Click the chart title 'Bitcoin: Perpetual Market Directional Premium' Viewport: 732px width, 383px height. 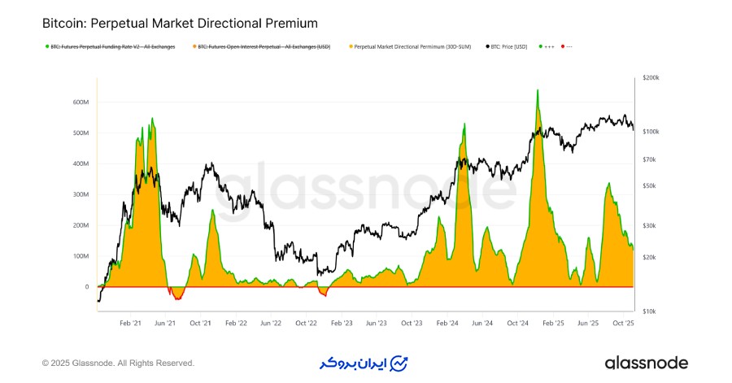[180, 24]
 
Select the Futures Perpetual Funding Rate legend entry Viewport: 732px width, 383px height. [113, 46]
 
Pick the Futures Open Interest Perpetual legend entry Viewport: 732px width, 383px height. [264, 46]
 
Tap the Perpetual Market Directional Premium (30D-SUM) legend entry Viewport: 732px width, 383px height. [411, 46]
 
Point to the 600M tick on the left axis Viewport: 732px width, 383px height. [80, 102]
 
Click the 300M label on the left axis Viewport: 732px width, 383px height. [80, 194]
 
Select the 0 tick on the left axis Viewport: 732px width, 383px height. [87, 287]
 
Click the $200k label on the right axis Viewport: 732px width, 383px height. [651, 78]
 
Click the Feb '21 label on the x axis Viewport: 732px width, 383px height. [130, 324]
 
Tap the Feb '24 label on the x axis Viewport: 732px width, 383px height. [447, 324]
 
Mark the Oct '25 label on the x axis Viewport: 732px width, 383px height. [622, 324]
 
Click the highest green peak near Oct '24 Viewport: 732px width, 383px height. [538, 90]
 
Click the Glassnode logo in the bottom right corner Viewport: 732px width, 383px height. [647, 363]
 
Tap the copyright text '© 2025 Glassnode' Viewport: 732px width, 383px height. [118, 363]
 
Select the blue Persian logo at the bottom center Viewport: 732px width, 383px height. [364, 363]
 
